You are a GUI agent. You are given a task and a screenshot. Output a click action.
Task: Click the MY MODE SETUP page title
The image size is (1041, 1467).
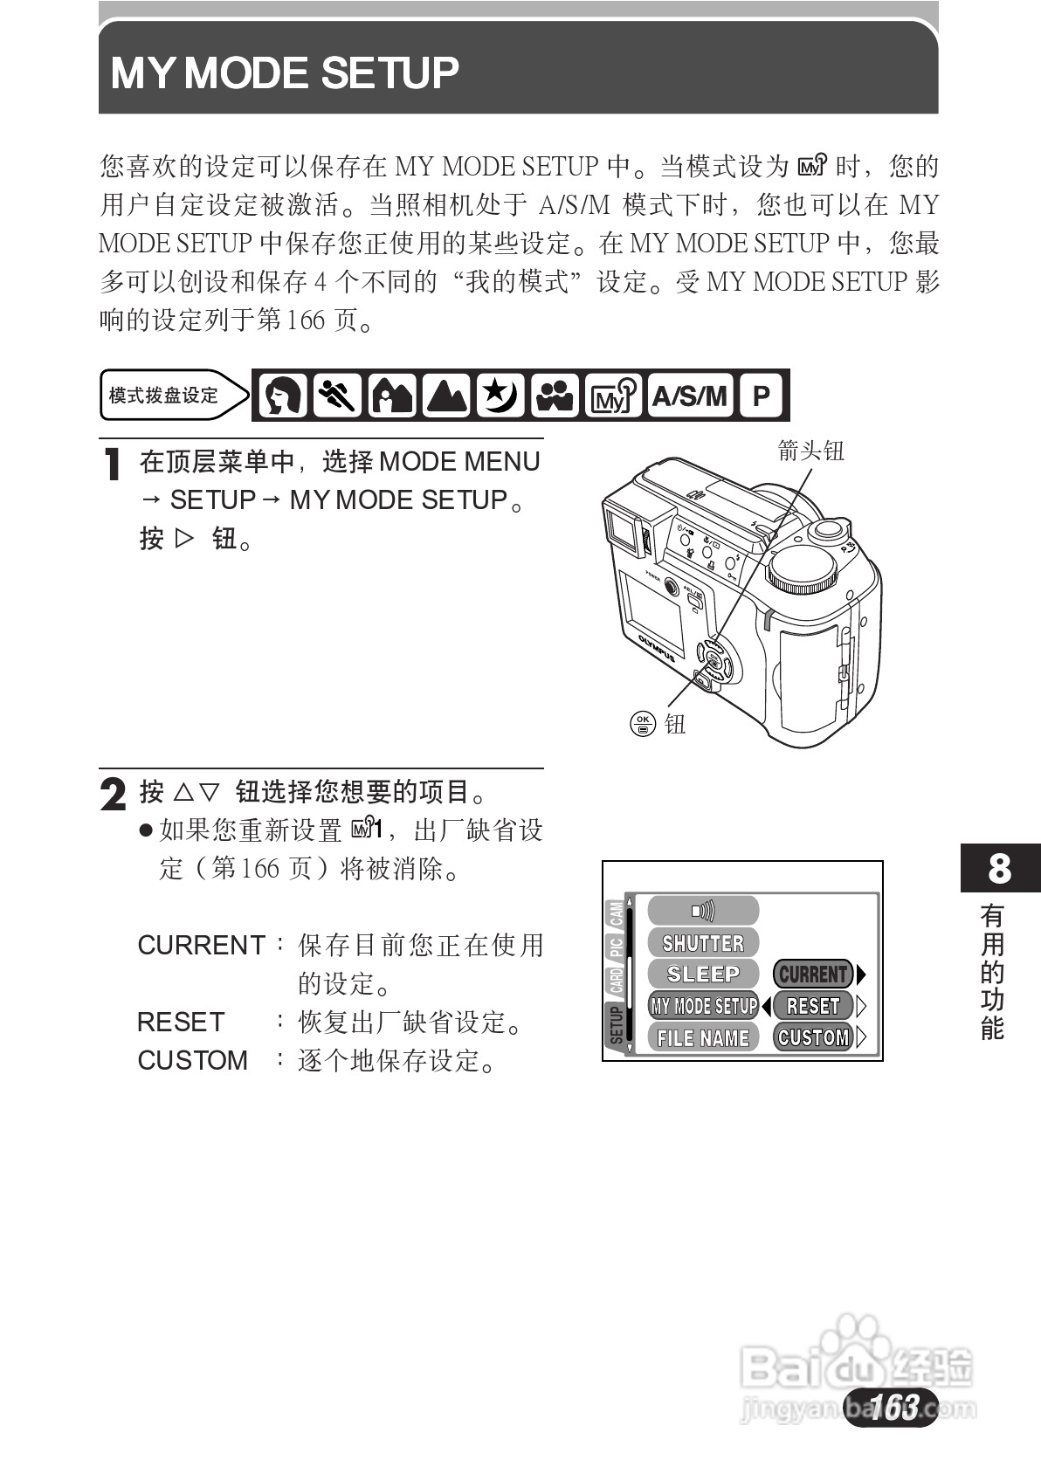[285, 73]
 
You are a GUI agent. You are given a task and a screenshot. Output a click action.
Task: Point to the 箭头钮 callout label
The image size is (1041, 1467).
[810, 451]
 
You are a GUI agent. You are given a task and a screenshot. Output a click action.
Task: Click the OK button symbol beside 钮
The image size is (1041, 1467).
[643, 723]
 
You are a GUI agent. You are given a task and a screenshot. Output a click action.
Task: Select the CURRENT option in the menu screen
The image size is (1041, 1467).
[813, 975]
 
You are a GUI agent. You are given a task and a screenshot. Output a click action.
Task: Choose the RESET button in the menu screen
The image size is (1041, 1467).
[812, 1006]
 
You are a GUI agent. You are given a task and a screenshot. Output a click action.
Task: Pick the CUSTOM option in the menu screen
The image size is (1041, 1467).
[813, 1037]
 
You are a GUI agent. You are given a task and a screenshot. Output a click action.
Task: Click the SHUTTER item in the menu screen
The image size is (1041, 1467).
[703, 943]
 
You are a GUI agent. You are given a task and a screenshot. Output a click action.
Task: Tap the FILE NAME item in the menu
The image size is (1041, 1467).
[703, 1037]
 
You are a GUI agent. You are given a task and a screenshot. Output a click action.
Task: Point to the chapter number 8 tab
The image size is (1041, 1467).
[1000, 869]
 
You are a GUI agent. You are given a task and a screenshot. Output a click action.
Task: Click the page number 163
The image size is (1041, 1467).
[893, 1407]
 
